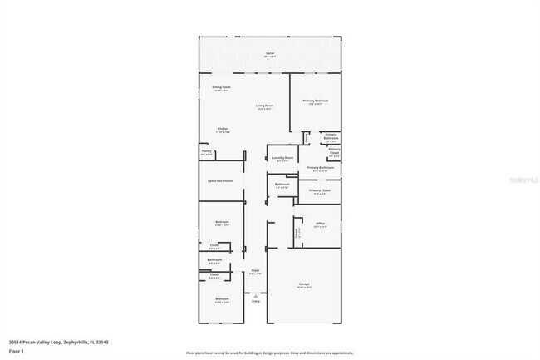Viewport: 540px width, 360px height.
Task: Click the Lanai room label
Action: click(269, 54)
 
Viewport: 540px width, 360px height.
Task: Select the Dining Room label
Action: click(221, 87)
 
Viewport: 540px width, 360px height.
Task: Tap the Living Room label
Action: click(264, 106)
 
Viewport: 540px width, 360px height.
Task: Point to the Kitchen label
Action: click(223, 129)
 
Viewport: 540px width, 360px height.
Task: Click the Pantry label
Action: click(206, 151)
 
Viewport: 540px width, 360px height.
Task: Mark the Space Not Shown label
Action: click(220, 180)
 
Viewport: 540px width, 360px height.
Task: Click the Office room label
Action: click(320, 223)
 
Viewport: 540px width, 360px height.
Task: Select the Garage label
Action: click(303, 284)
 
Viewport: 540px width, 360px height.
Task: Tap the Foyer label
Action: click(256, 270)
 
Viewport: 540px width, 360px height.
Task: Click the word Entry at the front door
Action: click(256, 301)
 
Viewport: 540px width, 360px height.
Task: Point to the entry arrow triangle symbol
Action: click(256, 295)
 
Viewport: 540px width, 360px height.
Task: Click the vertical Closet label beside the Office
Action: click(297, 234)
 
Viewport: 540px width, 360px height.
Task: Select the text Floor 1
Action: click(16, 351)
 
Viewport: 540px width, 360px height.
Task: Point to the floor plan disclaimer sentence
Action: click(269, 353)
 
